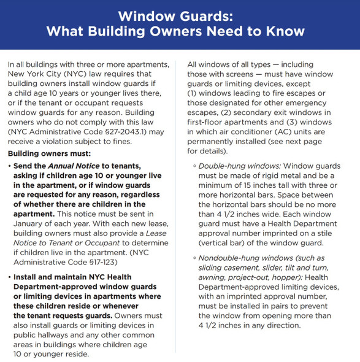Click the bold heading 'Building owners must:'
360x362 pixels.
pyautogui.click(x=49, y=152)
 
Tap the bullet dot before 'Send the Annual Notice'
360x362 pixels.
pyautogui.click(x=10, y=166)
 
